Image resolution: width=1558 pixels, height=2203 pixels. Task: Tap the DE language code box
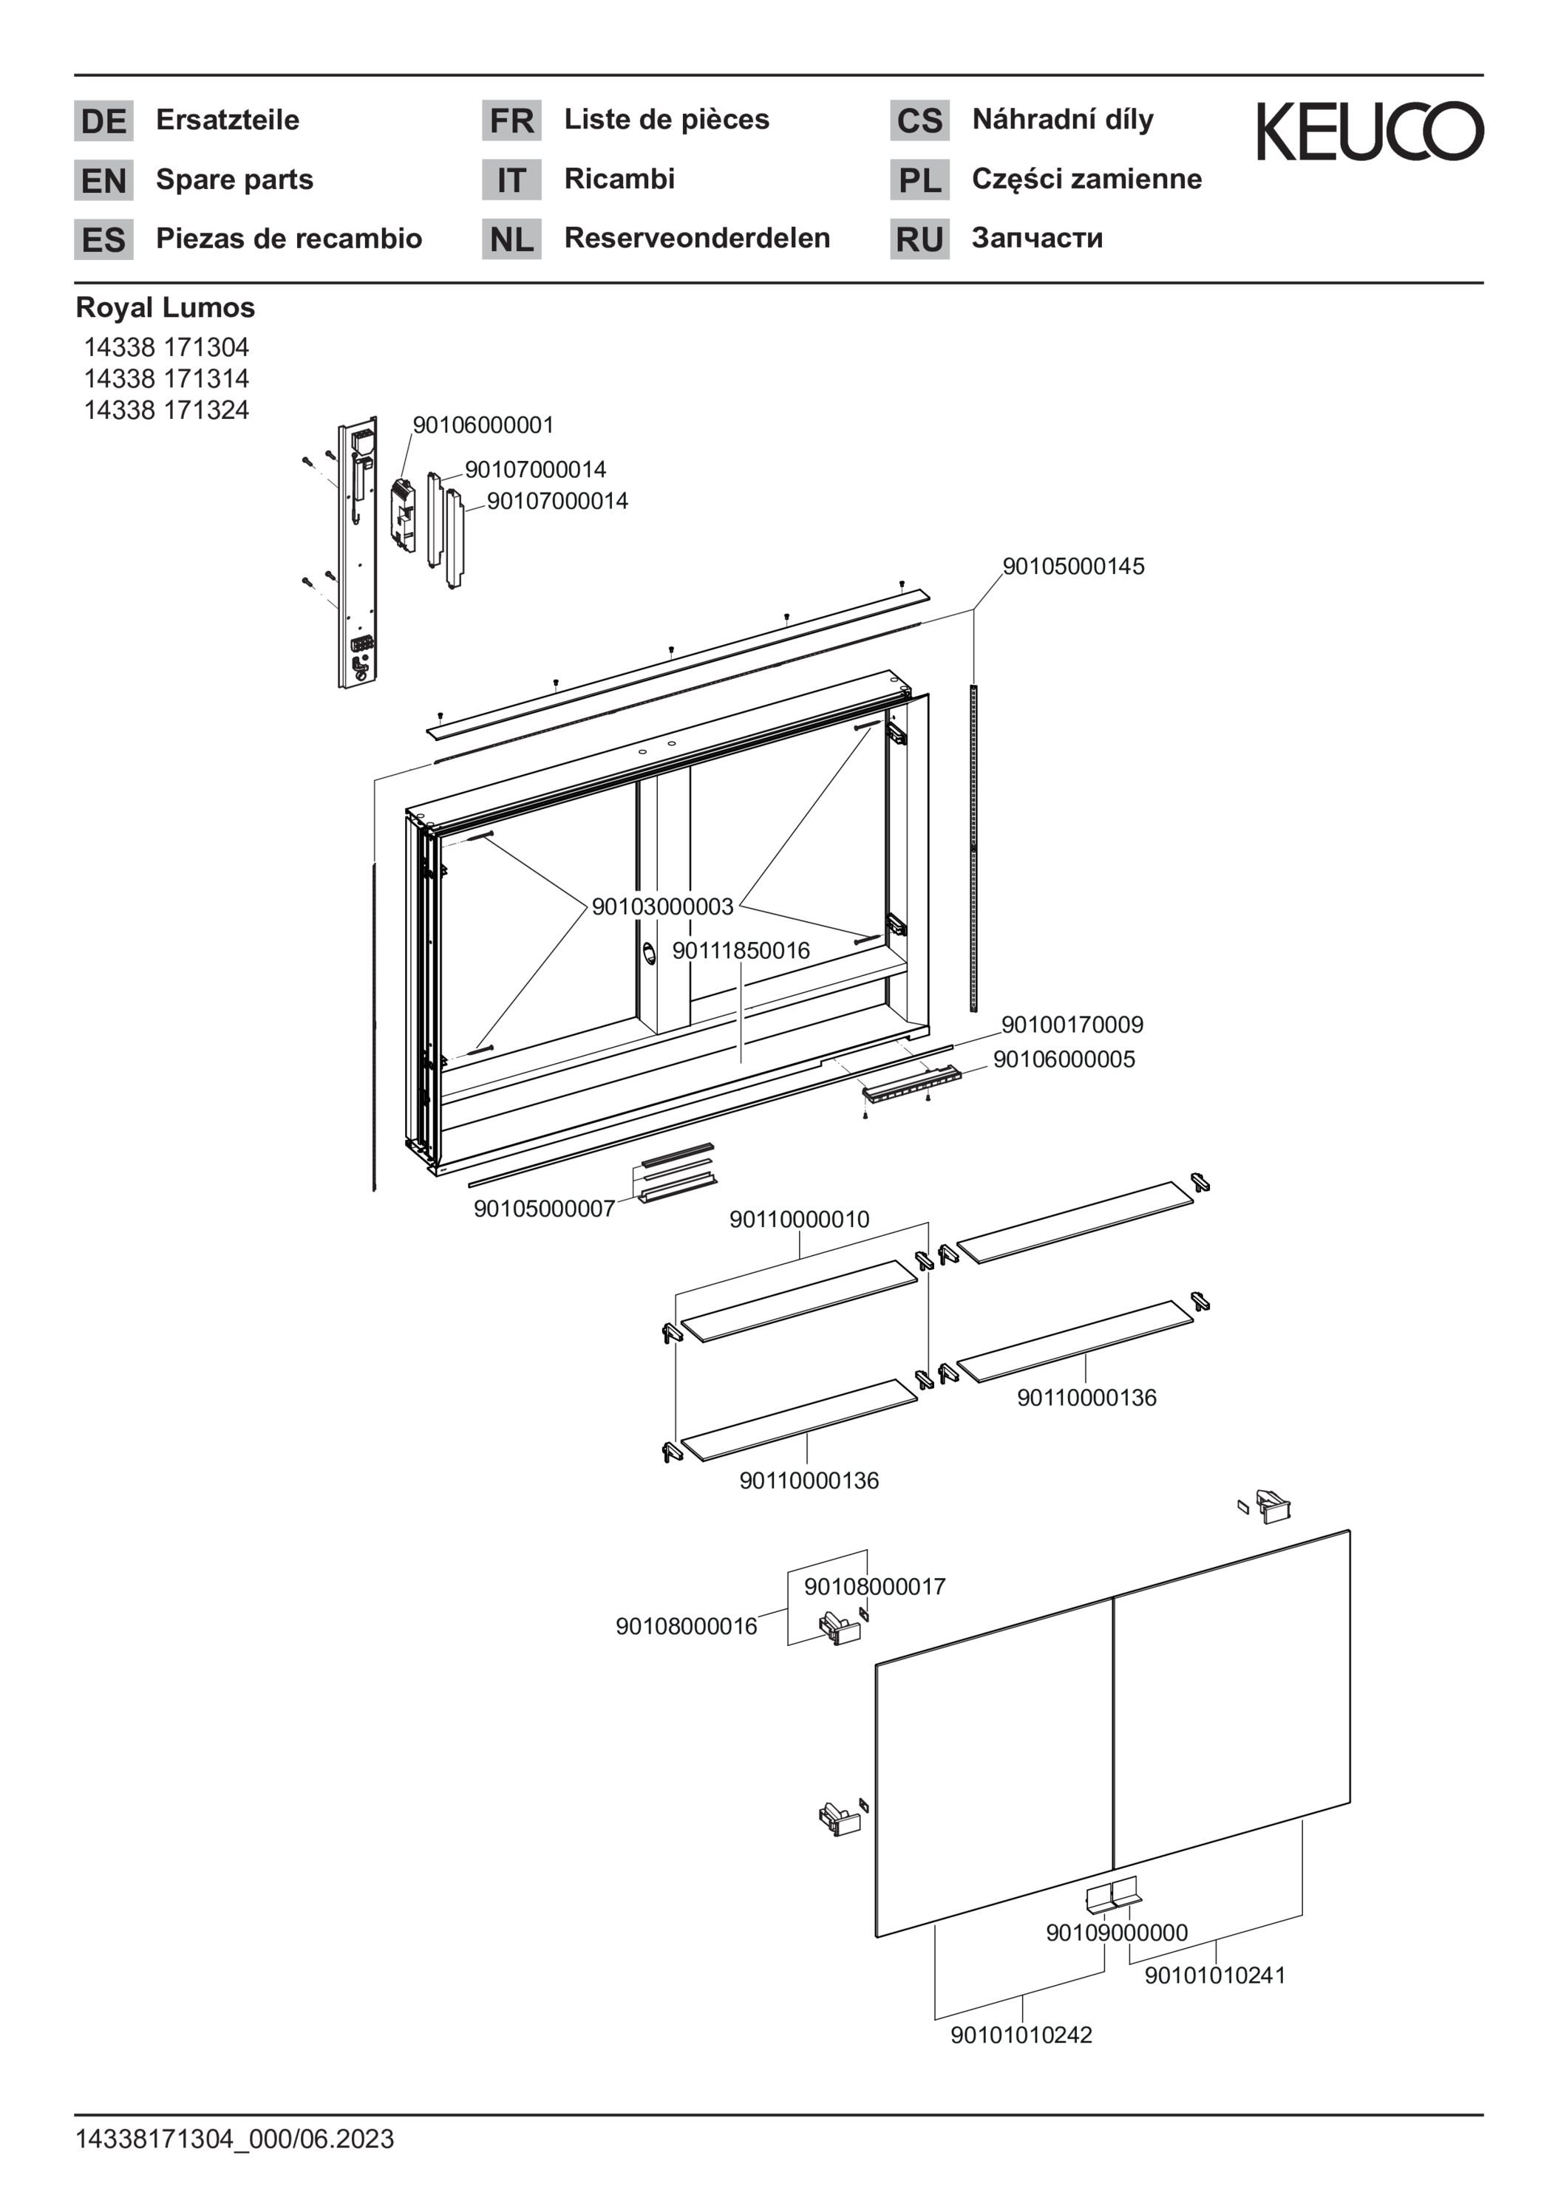103,121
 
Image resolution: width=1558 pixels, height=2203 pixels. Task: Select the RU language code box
919,239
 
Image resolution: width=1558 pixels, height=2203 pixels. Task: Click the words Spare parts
234,180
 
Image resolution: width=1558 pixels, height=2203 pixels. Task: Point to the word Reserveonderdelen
697,238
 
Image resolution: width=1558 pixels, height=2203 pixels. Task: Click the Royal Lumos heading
165,308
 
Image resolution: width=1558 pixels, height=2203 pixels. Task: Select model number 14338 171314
166,378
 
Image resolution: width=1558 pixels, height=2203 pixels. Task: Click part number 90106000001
483,425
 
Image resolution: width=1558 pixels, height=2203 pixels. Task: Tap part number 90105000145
1073,566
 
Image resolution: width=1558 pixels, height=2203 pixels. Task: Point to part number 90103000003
662,906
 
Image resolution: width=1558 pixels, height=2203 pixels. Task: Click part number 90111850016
741,951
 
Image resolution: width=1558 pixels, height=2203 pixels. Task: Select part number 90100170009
1072,1025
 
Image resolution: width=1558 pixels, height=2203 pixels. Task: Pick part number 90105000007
544,1209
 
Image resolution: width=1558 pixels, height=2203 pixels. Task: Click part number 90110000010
800,1220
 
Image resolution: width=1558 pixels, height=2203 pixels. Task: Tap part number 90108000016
687,1626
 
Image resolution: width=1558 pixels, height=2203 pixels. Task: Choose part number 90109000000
1117,1933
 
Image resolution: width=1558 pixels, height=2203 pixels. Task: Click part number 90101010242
1021,2035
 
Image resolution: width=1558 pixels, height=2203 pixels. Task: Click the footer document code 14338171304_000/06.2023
235,2139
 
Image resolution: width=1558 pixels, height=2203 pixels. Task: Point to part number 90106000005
1064,1059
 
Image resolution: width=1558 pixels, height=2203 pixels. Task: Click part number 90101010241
1214,1975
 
